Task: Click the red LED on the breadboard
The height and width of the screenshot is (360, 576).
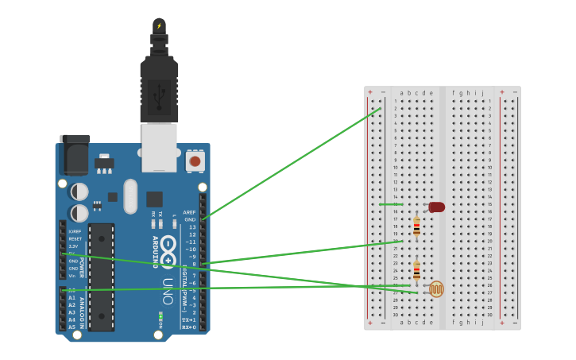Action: tap(436, 207)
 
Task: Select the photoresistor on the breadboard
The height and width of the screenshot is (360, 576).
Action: tap(435, 289)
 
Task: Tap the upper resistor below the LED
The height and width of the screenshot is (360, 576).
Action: tap(416, 227)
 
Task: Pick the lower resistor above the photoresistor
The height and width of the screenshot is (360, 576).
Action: tap(416, 270)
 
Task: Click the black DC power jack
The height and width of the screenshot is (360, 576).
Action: tap(75, 155)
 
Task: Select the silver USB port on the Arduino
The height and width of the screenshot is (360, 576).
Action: tap(159, 147)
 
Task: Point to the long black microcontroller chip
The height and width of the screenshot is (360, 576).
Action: tap(102, 277)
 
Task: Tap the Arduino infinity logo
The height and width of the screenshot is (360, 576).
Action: tap(168, 251)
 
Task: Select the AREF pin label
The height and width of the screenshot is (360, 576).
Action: tap(189, 212)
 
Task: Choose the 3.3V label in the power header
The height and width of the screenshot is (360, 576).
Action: tap(73, 246)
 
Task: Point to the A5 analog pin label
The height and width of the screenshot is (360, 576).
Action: tap(72, 327)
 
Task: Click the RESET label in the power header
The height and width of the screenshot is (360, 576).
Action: tap(75, 238)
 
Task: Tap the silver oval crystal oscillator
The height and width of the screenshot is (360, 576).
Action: tap(130, 195)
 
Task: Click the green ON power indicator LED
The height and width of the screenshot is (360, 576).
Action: tap(160, 319)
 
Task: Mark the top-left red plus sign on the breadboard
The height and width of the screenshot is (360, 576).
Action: tap(369, 92)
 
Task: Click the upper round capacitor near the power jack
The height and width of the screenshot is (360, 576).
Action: tap(79, 192)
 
